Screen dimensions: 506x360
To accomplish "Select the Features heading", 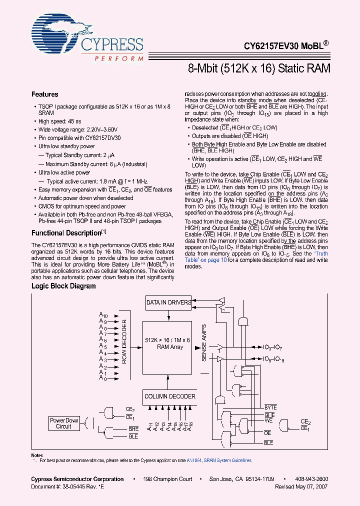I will coord(45,94).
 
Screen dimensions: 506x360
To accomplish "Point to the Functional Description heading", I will coord(66,233).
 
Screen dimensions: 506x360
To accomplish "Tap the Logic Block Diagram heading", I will coord(63,286).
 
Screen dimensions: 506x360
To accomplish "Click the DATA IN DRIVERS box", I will coord(168,302).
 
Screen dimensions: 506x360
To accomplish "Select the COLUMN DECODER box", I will coord(169,396).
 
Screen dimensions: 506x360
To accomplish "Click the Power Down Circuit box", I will coord(63,423).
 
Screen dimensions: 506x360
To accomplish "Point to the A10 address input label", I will coord(103,315).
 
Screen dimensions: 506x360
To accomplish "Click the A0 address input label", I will coord(102,378).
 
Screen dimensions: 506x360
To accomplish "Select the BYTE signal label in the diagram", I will coord(270,408).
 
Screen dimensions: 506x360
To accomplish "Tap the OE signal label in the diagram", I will coord(267,433).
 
